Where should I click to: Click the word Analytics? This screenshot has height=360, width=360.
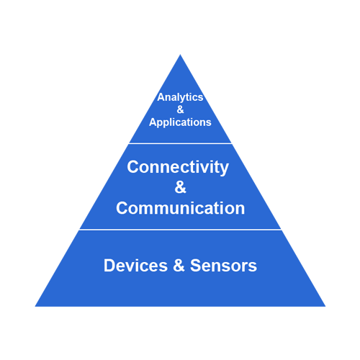(x=180, y=97)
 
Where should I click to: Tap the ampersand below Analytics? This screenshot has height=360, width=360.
(x=180, y=109)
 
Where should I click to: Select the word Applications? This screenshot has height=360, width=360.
(x=180, y=122)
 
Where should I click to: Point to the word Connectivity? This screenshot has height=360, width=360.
(x=178, y=167)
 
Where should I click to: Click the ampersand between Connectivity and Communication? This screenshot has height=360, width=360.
(x=180, y=187)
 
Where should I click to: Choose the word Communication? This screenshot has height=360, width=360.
(x=181, y=208)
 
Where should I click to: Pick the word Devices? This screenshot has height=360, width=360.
(x=135, y=266)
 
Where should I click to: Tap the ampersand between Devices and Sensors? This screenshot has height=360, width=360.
(x=179, y=266)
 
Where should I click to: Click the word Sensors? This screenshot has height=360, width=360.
(x=223, y=266)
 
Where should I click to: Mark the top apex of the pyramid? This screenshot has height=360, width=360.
(x=180, y=55)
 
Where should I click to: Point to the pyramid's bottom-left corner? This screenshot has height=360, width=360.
(x=35, y=307)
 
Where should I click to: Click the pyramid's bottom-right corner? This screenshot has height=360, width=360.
(x=325, y=307)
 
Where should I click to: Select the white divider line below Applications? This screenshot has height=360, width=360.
(x=180, y=143)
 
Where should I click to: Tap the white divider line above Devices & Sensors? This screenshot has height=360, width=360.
(x=180, y=230)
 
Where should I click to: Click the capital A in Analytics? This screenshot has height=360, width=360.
(x=161, y=97)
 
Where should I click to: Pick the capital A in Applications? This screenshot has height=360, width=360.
(x=153, y=122)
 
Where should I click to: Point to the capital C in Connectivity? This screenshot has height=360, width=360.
(x=133, y=166)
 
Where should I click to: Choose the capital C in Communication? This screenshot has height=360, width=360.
(x=122, y=208)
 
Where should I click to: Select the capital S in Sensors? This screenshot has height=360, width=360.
(x=196, y=266)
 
